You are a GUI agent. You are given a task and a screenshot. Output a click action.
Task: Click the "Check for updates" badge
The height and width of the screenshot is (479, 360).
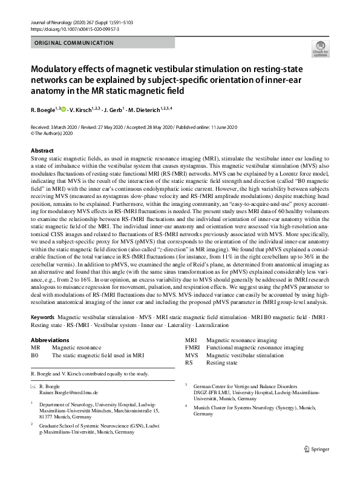point(319,48)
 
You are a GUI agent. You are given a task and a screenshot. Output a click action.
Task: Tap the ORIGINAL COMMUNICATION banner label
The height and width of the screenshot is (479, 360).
point(74,43)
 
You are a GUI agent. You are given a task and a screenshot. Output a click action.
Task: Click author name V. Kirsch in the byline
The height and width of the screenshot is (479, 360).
point(80,110)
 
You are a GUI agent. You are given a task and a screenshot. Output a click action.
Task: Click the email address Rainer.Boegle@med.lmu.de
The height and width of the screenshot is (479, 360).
point(68,392)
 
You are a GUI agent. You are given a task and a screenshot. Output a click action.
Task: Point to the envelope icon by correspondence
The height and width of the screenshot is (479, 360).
point(33,386)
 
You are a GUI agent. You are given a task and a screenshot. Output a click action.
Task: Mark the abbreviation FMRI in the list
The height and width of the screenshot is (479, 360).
point(192,348)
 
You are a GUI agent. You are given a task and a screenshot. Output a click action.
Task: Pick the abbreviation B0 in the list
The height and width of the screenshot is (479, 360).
point(34,355)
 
